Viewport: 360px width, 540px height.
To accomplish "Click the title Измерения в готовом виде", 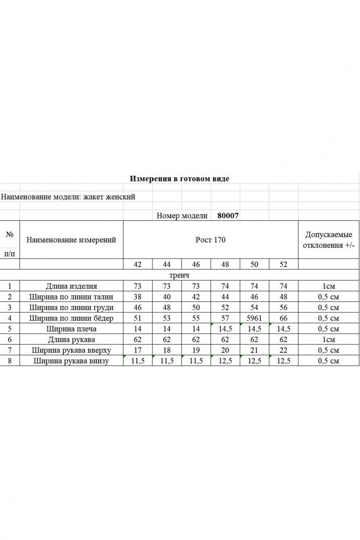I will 179,179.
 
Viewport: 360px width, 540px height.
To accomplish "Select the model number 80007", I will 228,216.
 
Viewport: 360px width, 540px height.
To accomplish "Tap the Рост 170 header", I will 211,240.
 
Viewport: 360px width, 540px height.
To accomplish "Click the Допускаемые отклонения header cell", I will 329,240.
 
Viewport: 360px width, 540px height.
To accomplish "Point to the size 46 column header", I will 196,264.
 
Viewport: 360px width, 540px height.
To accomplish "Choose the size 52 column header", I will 284,264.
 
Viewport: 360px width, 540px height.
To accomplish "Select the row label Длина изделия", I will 71,286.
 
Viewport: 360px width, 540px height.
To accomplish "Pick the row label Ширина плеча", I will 71,329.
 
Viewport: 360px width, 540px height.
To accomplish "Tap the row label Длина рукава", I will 71,339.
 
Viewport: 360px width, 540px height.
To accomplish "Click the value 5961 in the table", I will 254,318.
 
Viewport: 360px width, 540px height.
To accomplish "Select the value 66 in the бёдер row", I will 284,318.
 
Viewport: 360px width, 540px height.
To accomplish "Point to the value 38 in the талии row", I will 138,297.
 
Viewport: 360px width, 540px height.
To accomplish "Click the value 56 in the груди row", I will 284,307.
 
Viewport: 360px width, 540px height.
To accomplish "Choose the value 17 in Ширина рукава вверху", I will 138,350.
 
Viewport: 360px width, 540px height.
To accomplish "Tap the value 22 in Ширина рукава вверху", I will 284,350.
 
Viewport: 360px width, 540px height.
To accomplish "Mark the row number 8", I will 9,361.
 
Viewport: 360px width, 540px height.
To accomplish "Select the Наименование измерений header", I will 71,240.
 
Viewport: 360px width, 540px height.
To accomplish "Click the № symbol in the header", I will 9,234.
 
